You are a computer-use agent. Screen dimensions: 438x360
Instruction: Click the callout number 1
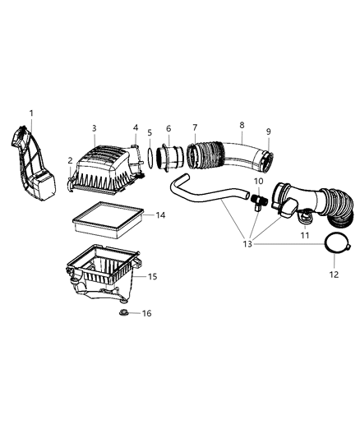(x=31, y=113)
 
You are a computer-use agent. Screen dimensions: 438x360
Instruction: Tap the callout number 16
(x=147, y=313)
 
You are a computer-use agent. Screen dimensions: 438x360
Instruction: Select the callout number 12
(x=332, y=274)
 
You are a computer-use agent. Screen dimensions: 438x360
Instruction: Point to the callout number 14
(x=161, y=215)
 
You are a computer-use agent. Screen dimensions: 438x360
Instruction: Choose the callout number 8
(x=242, y=125)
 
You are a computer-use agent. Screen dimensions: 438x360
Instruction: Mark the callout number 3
(x=95, y=128)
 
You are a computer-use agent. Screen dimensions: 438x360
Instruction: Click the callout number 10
(x=258, y=181)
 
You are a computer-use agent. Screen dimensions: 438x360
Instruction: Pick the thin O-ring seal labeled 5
(x=150, y=157)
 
